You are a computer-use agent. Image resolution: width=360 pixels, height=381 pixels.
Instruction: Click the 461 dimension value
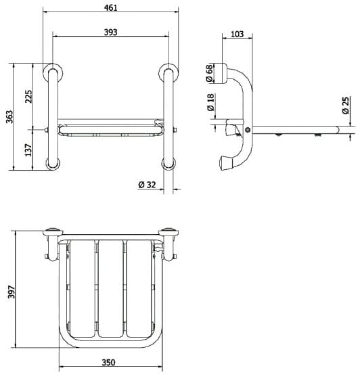pos(111,7)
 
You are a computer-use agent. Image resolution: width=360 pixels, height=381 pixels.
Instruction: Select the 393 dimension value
pos(110,31)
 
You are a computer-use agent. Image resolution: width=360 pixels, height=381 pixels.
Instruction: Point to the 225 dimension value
pos(28,96)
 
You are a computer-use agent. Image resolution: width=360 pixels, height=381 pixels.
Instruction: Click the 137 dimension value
pos(28,149)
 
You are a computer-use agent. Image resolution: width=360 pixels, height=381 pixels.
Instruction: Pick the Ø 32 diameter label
pos(147,185)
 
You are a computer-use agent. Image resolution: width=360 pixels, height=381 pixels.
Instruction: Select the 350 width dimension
pos(110,362)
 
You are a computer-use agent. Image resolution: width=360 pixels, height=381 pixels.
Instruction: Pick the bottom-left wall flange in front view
pos(51,162)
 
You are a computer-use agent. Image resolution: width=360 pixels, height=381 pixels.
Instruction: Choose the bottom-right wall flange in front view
pos(167,162)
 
